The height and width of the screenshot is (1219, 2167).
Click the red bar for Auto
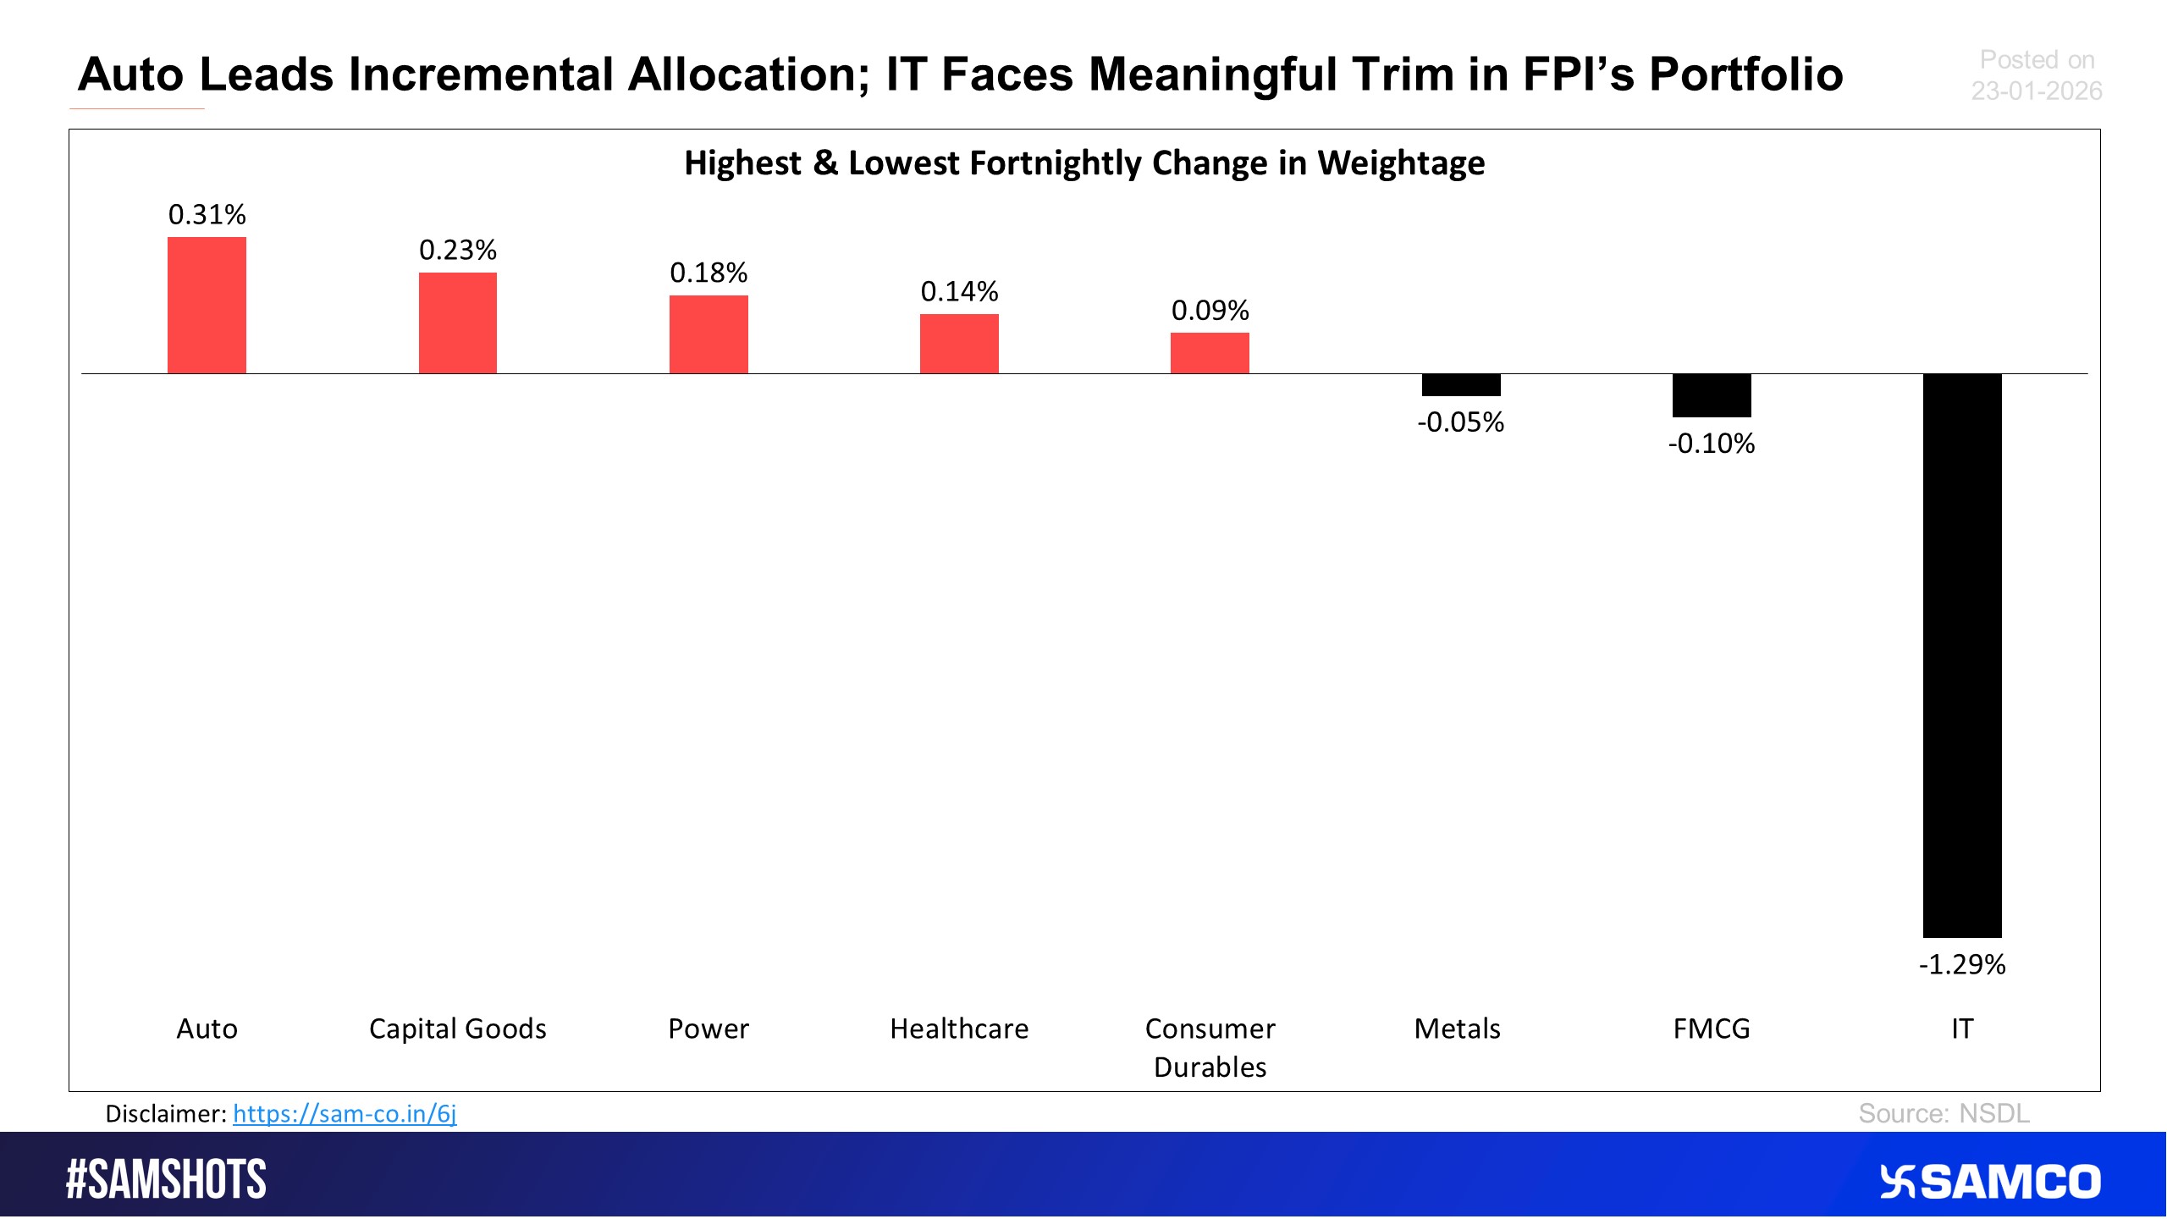tap(207, 305)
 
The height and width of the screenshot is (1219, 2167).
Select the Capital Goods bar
tap(457, 323)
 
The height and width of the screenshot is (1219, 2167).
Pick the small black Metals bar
tap(1460, 385)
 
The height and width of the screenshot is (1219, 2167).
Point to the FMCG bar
tap(1711, 395)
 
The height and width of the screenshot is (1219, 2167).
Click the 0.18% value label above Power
tap(709, 273)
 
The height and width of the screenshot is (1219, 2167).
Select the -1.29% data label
tap(1961, 964)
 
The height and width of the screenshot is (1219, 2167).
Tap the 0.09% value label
tap(1210, 311)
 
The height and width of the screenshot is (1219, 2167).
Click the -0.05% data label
tap(1460, 422)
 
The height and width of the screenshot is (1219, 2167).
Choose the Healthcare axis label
tap(959, 1029)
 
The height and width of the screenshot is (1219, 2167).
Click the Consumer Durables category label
tap(1210, 1047)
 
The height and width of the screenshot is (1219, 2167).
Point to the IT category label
tap(1961, 1029)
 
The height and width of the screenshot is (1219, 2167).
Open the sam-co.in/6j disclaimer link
tap(345, 1113)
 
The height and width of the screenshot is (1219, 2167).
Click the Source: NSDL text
tap(1944, 1113)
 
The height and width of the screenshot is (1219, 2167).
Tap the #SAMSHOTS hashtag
tap(166, 1179)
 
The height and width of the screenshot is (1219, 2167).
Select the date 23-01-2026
tap(2036, 91)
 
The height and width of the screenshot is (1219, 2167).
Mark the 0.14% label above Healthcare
tap(959, 291)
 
